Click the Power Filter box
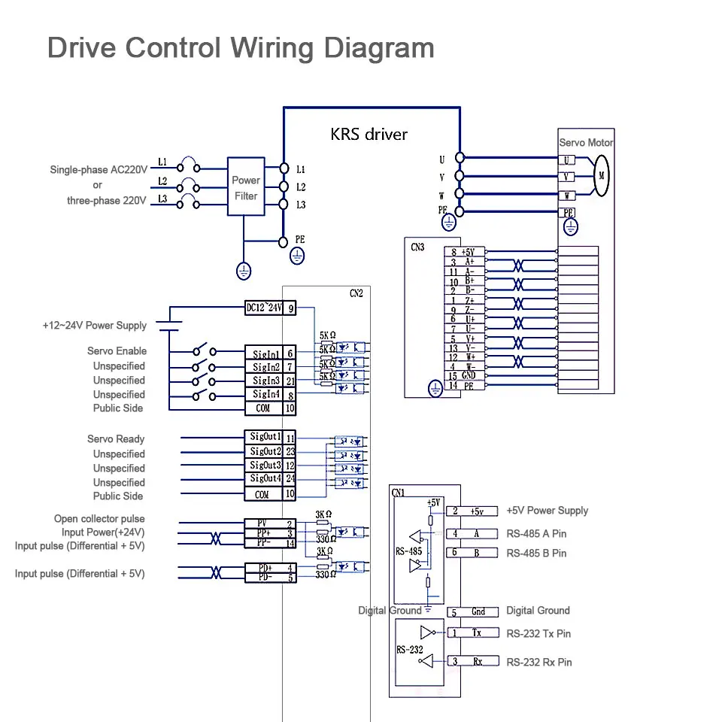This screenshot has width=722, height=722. [246, 187]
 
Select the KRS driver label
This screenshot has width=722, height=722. [369, 135]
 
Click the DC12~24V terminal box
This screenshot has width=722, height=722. [264, 308]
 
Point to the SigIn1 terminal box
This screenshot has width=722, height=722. [265, 353]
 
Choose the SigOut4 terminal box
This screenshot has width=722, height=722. [264, 479]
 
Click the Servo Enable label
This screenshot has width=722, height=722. [117, 351]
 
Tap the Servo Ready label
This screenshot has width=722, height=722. [116, 439]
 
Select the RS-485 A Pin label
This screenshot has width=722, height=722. [536, 534]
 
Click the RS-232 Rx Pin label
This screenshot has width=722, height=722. [538, 663]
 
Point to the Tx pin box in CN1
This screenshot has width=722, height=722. [477, 633]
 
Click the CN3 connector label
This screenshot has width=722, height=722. [417, 247]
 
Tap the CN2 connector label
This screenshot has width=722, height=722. [356, 294]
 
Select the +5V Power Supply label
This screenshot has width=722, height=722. [547, 511]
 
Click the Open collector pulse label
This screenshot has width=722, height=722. [99, 519]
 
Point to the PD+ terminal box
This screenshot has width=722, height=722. [264, 567]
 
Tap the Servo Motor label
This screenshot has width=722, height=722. [586, 143]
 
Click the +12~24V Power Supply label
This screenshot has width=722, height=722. [94, 326]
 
